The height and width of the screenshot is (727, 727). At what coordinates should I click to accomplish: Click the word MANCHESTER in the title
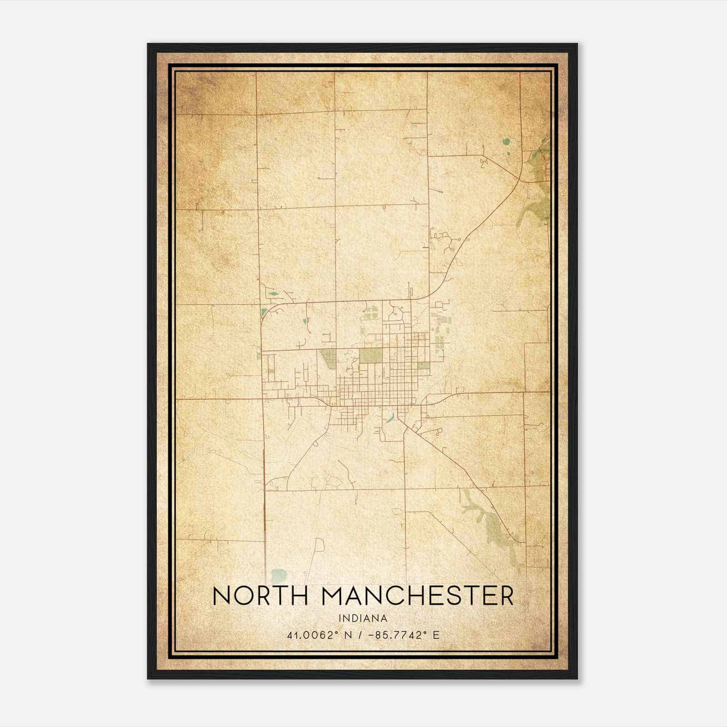418,596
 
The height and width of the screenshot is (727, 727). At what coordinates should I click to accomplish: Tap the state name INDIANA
363,618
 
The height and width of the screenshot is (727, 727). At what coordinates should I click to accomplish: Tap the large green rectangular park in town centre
371,356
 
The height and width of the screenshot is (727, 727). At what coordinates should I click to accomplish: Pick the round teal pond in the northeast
506,142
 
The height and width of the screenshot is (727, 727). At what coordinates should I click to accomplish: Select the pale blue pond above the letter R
278,575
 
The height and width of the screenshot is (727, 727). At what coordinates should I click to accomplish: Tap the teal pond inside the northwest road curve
264,312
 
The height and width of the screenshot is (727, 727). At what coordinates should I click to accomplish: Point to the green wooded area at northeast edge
542,182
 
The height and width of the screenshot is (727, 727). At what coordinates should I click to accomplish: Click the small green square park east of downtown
423,365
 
